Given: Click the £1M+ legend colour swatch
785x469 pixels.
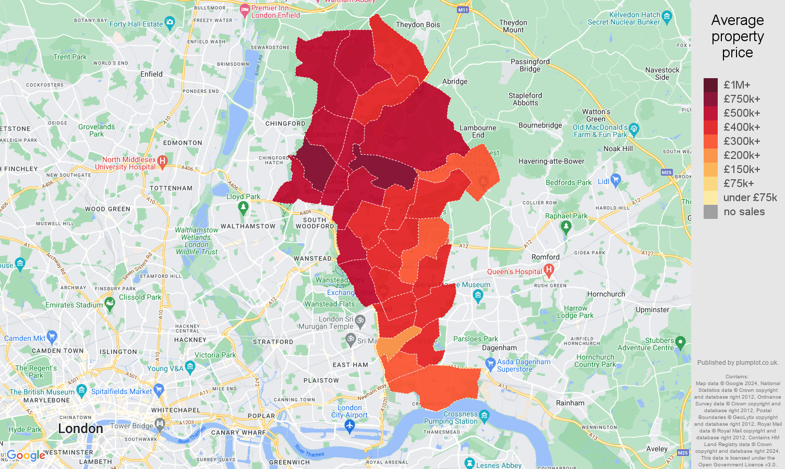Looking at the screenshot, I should (710, 85).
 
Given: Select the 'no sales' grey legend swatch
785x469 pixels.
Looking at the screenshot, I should (710, 212).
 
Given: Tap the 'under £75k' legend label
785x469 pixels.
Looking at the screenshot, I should (750, 198).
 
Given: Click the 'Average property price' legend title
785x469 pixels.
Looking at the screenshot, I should (737, 36).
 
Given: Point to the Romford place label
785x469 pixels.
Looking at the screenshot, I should (545, 257).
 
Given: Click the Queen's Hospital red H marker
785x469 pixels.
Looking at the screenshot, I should (548, 270).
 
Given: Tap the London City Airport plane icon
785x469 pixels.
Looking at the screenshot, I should (349, 426).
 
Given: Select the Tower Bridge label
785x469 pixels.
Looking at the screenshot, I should (132, 426).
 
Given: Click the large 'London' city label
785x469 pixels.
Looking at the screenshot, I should (80, 428).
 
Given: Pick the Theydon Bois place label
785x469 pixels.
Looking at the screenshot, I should (418, 24).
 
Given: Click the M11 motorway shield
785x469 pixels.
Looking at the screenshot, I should (463, 10).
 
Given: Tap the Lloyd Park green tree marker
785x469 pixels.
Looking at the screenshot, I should (243, 207).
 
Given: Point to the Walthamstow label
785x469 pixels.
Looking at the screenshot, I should (248, 226).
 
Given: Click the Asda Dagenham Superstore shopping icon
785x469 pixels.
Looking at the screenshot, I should (490, 363).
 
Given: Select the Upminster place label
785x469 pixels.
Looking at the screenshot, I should (652, 310).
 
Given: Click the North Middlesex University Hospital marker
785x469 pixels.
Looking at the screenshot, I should (162, 161).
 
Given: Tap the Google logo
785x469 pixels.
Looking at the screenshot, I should (26, 455).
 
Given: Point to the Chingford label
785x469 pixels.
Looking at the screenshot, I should (285, 124).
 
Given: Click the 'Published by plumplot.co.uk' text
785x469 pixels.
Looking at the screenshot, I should (737, 363).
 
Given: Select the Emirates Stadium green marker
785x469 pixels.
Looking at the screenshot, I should (110, 303).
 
